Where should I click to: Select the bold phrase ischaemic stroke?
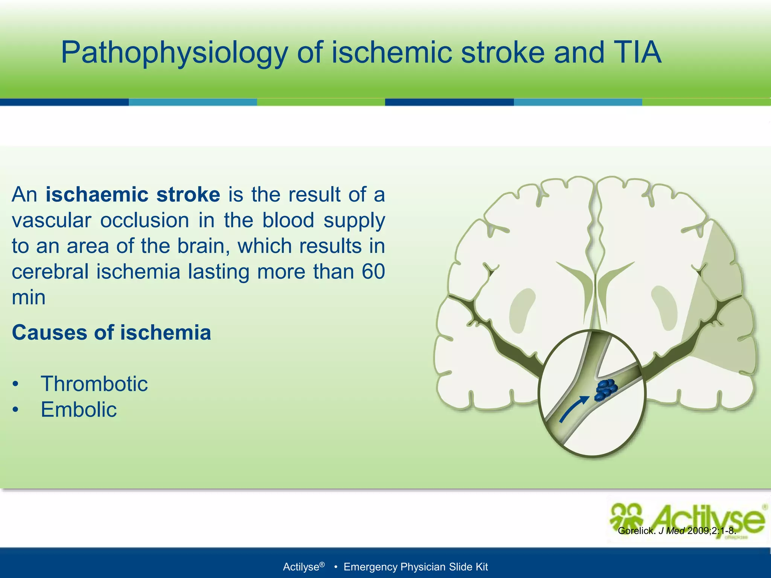coord(133,195)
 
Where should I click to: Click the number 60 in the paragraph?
coord(373,272)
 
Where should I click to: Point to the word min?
coord(29,298)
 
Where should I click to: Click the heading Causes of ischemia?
coord(111,333)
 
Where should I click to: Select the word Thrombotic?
coord(94,384)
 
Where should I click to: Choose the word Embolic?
coord(79,409)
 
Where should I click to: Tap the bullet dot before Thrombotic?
coord(15,384)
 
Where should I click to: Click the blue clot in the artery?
coord(606,390)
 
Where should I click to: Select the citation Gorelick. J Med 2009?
coord(677,531)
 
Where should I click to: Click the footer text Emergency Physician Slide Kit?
coord(416,567)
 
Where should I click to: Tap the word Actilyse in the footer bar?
coord(301,567)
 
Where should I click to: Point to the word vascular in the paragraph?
coord(52,221)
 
